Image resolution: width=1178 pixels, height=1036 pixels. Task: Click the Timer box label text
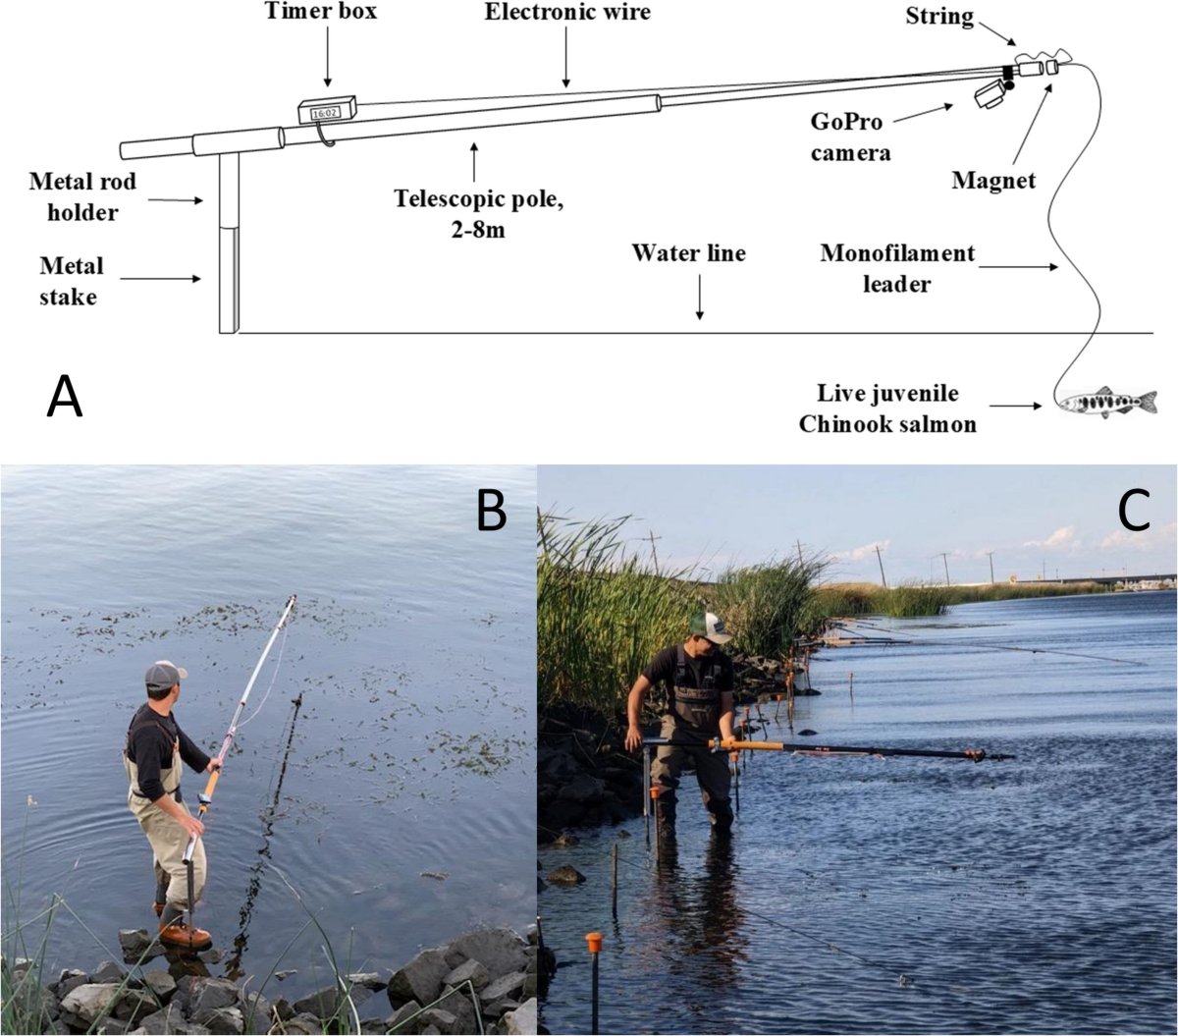point(320,11)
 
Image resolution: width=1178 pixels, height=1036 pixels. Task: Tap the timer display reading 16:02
point(325,113)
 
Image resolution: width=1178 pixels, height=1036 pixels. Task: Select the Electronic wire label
point(567,12)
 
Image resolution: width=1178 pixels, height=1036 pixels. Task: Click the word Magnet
point(993,181)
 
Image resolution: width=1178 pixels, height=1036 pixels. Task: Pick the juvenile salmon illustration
point(1107,402)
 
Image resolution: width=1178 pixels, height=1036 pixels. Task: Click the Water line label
point(688,253)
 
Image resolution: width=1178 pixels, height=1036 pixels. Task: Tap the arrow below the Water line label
point(700,297)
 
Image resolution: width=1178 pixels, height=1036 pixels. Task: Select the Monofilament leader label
point(897,269)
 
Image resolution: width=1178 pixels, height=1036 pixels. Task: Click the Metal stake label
point(71,282)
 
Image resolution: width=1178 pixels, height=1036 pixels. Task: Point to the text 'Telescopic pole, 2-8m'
point(478,214)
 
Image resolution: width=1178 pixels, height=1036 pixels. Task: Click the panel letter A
point(65,396)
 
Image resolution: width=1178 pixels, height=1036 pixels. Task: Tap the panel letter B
point(491,510)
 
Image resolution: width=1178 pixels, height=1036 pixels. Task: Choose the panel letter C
point(1133,510)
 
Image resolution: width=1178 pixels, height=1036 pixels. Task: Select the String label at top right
point(939,17)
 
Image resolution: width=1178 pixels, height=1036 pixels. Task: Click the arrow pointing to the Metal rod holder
point(176,200)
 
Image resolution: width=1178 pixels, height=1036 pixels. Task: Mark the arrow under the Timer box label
point(327,57)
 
